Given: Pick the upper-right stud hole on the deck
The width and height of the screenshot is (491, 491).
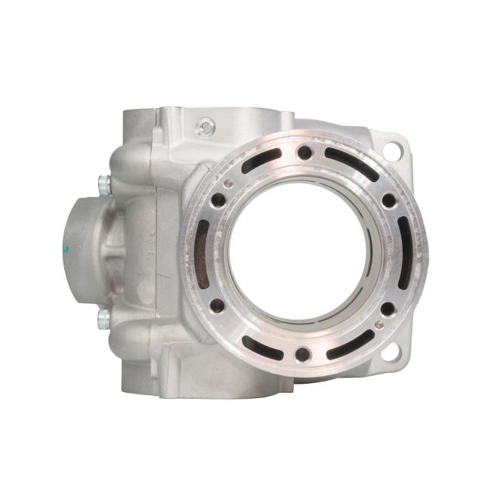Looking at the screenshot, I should tap(388, 200).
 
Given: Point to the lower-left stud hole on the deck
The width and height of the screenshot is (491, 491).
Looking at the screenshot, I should tap(218, 306).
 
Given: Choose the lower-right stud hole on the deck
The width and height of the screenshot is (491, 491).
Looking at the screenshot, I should tap(388, 308).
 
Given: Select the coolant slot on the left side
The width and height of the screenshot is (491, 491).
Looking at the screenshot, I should tap(202, 253).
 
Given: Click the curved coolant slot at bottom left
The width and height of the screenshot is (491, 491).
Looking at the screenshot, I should tap(261, 345).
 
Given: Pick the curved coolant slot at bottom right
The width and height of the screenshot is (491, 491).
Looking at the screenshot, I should tap(348, 344).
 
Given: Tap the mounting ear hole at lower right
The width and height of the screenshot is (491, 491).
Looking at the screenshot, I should tap(391, 350).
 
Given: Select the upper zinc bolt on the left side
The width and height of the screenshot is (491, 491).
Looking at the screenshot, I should tap(103, 182).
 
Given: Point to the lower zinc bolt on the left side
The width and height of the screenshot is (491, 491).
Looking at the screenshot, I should tap(103, 320).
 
